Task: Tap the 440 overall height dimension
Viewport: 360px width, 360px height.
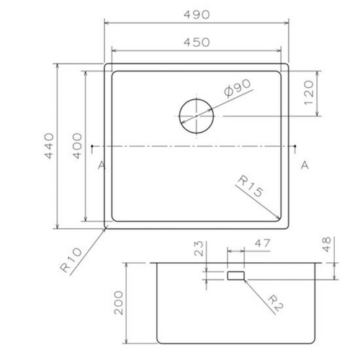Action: (48, 147)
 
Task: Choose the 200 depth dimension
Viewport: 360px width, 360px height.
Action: (120, 302)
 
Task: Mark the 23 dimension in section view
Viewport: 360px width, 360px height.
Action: (201, 251)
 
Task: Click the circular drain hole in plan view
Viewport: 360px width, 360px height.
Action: (195, 115)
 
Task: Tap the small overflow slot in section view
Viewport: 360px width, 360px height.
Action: (235, 276)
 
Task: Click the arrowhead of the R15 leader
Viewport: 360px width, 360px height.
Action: (279, 219)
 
